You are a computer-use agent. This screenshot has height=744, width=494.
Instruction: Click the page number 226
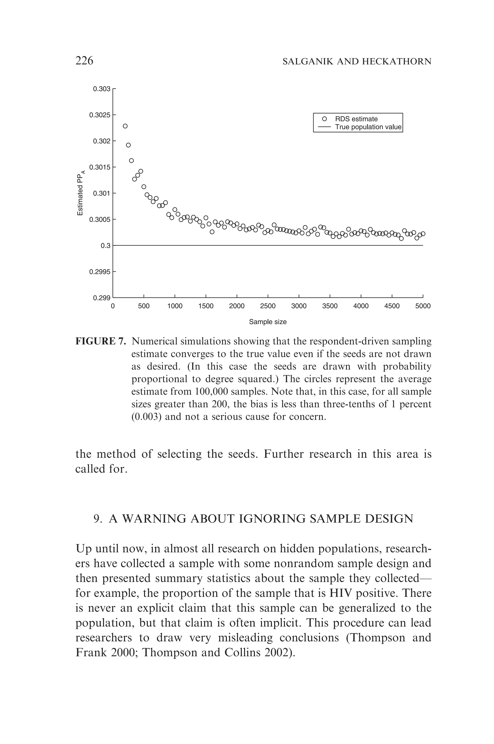(84, 61)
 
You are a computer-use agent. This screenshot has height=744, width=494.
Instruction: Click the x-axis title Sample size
(268, 322)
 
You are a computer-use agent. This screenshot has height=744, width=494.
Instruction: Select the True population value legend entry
(368, 127)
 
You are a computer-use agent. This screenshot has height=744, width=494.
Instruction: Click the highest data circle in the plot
(125, 126)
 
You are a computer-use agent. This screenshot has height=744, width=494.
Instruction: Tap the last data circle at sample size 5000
(423, 234)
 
